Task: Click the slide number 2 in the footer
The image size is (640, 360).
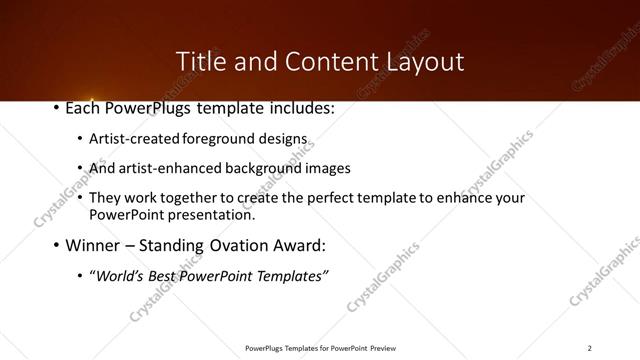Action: coord(589,348)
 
